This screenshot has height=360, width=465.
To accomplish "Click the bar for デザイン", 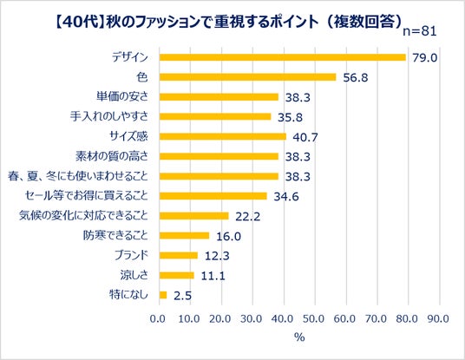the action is tap(282, 57).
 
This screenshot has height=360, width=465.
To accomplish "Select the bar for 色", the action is tap(247, 77).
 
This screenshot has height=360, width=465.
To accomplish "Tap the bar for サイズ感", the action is tap(223, 136).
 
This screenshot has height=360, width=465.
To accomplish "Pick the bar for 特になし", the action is tap(163, 295).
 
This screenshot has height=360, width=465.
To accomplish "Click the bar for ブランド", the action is tap(179, 255).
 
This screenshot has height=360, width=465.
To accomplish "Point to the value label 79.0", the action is tap(425, 58).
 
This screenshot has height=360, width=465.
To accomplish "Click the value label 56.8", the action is tap(356, 78).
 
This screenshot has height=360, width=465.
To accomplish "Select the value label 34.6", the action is tap(286, 197).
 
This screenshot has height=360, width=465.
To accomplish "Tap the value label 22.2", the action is tap(247, 217).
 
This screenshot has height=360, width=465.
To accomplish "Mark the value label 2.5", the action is tap(182, 296).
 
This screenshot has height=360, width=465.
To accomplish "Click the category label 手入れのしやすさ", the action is tap(109, 116).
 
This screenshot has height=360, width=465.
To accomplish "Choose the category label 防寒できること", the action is tap(115, 235).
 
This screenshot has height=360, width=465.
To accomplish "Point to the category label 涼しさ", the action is tap(134, 275).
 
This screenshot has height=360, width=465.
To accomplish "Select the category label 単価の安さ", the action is tap(122, 96).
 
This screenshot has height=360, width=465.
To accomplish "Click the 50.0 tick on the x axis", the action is tap(314, 318).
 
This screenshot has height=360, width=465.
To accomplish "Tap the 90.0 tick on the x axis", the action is tap(438, 318).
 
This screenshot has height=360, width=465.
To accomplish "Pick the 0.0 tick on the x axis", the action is tap(158, 318).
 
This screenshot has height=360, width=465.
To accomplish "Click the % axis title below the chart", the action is tap(299, 337).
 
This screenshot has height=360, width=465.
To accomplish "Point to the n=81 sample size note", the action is tap(420, 31).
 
